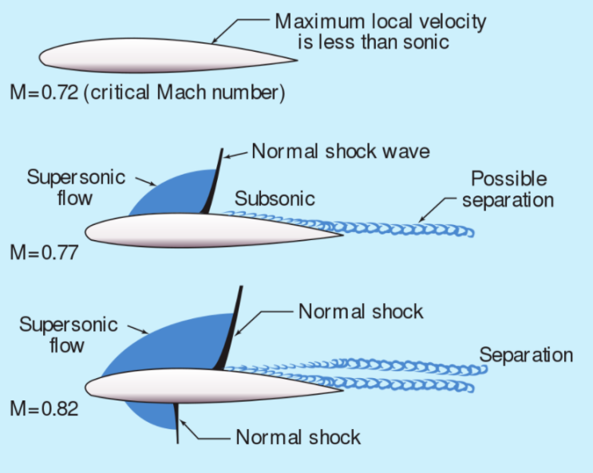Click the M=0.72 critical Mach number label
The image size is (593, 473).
[147, 93]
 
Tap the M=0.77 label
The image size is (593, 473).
[43, 254]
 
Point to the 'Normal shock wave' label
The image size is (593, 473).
[329, 151]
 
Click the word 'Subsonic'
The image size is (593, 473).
[275, 199]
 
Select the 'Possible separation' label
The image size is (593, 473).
[508, 188]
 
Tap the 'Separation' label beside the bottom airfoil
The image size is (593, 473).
[526, 355]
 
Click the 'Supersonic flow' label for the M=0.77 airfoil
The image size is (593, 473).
[76, 187]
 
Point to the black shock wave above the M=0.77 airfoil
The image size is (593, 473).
[212, 183]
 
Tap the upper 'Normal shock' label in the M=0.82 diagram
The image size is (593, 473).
[361, 310]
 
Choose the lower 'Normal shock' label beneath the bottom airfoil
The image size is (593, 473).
[298, 437]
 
